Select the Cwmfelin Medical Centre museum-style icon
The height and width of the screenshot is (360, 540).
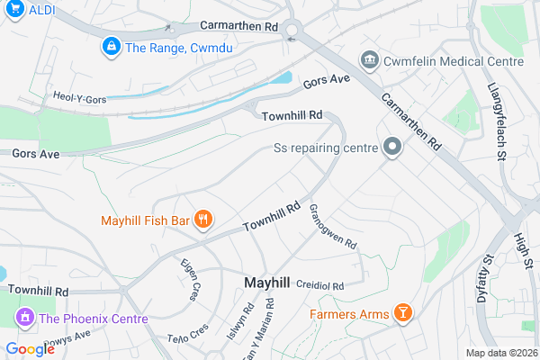(x=369, y=60)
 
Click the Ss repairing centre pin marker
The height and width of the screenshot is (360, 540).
(x=391, y=147)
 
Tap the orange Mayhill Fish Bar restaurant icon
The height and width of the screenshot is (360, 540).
(x=204, y=219)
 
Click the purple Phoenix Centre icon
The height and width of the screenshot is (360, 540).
(x=22, y=318)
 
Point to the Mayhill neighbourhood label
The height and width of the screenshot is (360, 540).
(x=267, y=283)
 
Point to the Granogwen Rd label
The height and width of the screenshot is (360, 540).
(x=334, y=227)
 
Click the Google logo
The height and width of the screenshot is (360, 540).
(x=30, y=349)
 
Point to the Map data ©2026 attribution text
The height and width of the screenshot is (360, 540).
(x=500, y=352)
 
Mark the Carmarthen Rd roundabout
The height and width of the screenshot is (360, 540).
(x=291, y=32)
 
